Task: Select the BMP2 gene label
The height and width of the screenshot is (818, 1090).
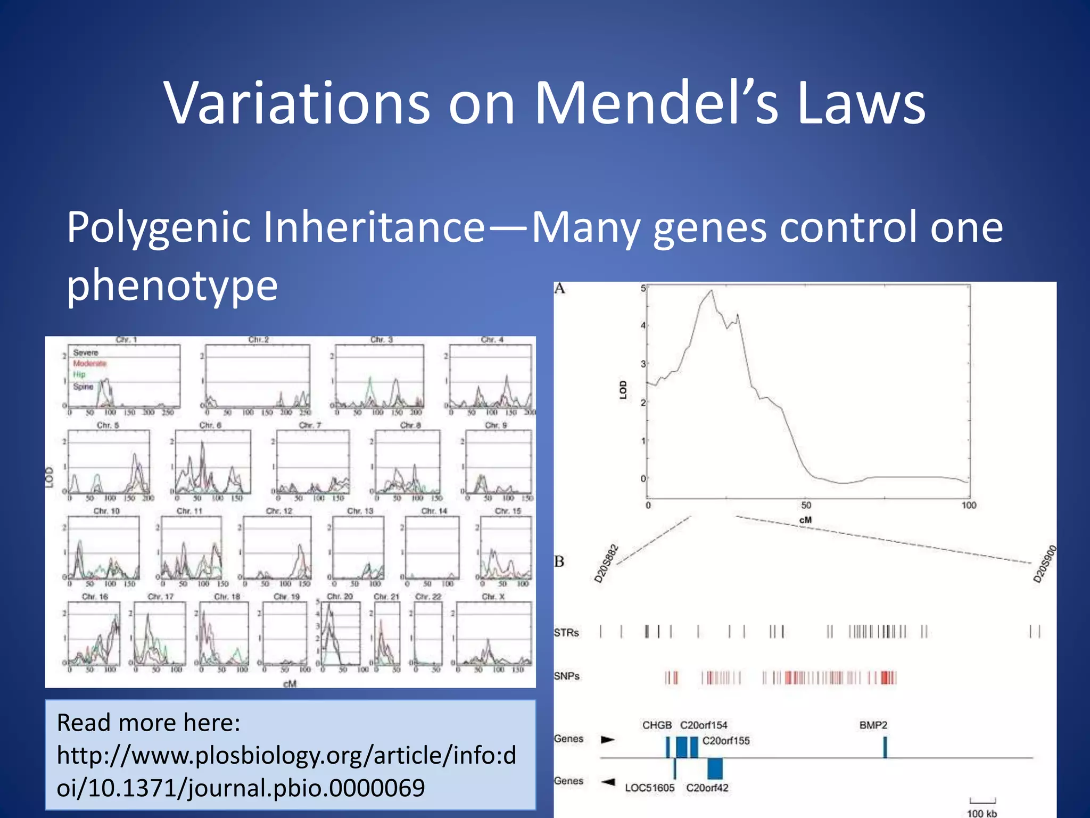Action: (x=873, y=725)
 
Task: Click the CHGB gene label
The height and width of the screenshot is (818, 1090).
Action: (x=657, y=725)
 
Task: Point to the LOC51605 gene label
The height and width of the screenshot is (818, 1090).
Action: (x=649, y=788)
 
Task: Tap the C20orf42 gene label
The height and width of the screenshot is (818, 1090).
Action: (x=707, y=788)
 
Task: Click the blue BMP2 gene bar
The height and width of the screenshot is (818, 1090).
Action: (x=885, y=747)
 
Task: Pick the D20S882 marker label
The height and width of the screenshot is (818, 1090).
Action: (x=606, y=563)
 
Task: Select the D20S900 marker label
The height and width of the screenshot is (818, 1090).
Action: (x=1044, y=564)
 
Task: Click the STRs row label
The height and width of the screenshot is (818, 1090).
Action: (x=566, y=633)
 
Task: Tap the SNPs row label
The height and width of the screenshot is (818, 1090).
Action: (x=566, y=676)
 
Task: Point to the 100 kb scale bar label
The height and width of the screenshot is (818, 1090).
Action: (x=982, y=813)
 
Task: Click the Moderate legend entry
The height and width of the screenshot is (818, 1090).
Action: (x=90, y=363)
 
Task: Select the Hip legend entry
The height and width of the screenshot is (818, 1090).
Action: (x=79, y=374)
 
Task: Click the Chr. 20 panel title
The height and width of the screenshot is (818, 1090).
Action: (x=340, y=596)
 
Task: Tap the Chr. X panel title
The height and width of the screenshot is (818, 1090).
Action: (x=493, y=596)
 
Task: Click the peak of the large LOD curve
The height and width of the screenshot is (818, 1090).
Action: (x=712, y=291)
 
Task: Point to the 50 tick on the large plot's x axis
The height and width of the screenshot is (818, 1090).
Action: (x=806, y=505)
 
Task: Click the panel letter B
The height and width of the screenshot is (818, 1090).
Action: (x=559, y=561)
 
